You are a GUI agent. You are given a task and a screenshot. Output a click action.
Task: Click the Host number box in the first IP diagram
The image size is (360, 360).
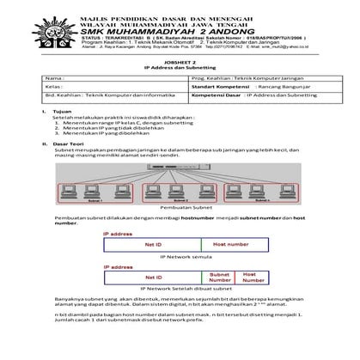(x=231, y=245)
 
